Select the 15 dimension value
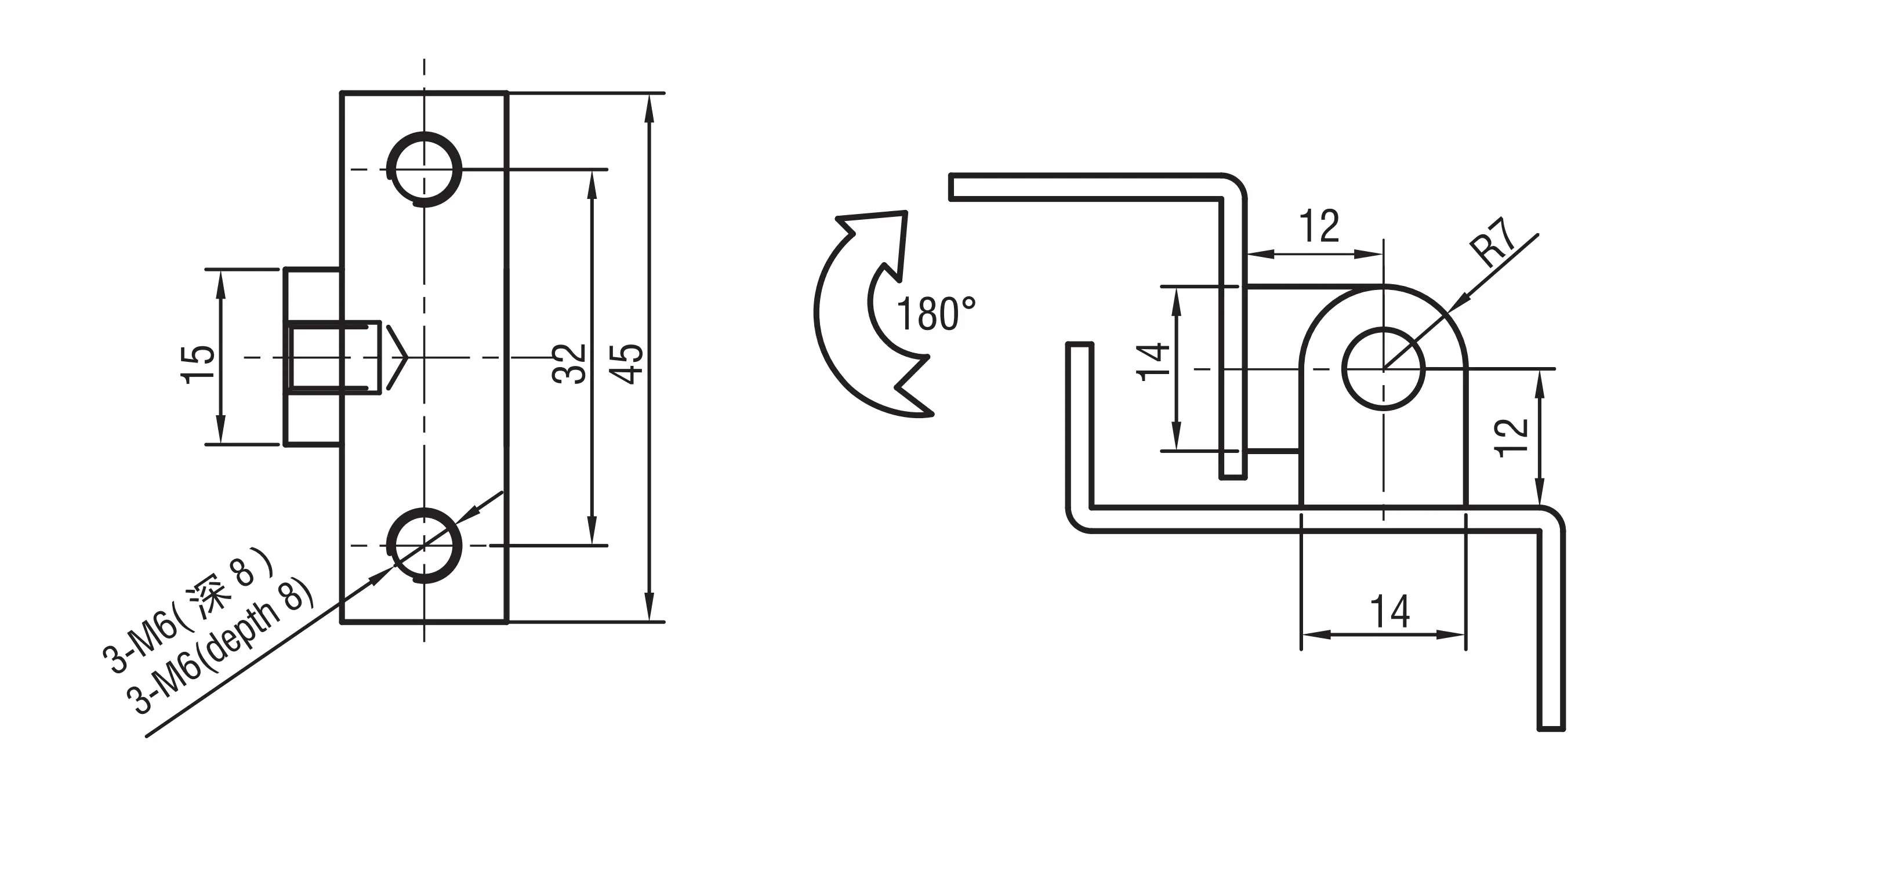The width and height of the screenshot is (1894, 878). (198, 363)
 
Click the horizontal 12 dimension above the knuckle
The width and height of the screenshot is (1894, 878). (1319, 227)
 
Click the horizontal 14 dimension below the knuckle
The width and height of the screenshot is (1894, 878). (1389, 612)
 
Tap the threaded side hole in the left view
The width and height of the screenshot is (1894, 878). (335, 357)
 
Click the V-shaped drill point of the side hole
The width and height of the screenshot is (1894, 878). (395, 357)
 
